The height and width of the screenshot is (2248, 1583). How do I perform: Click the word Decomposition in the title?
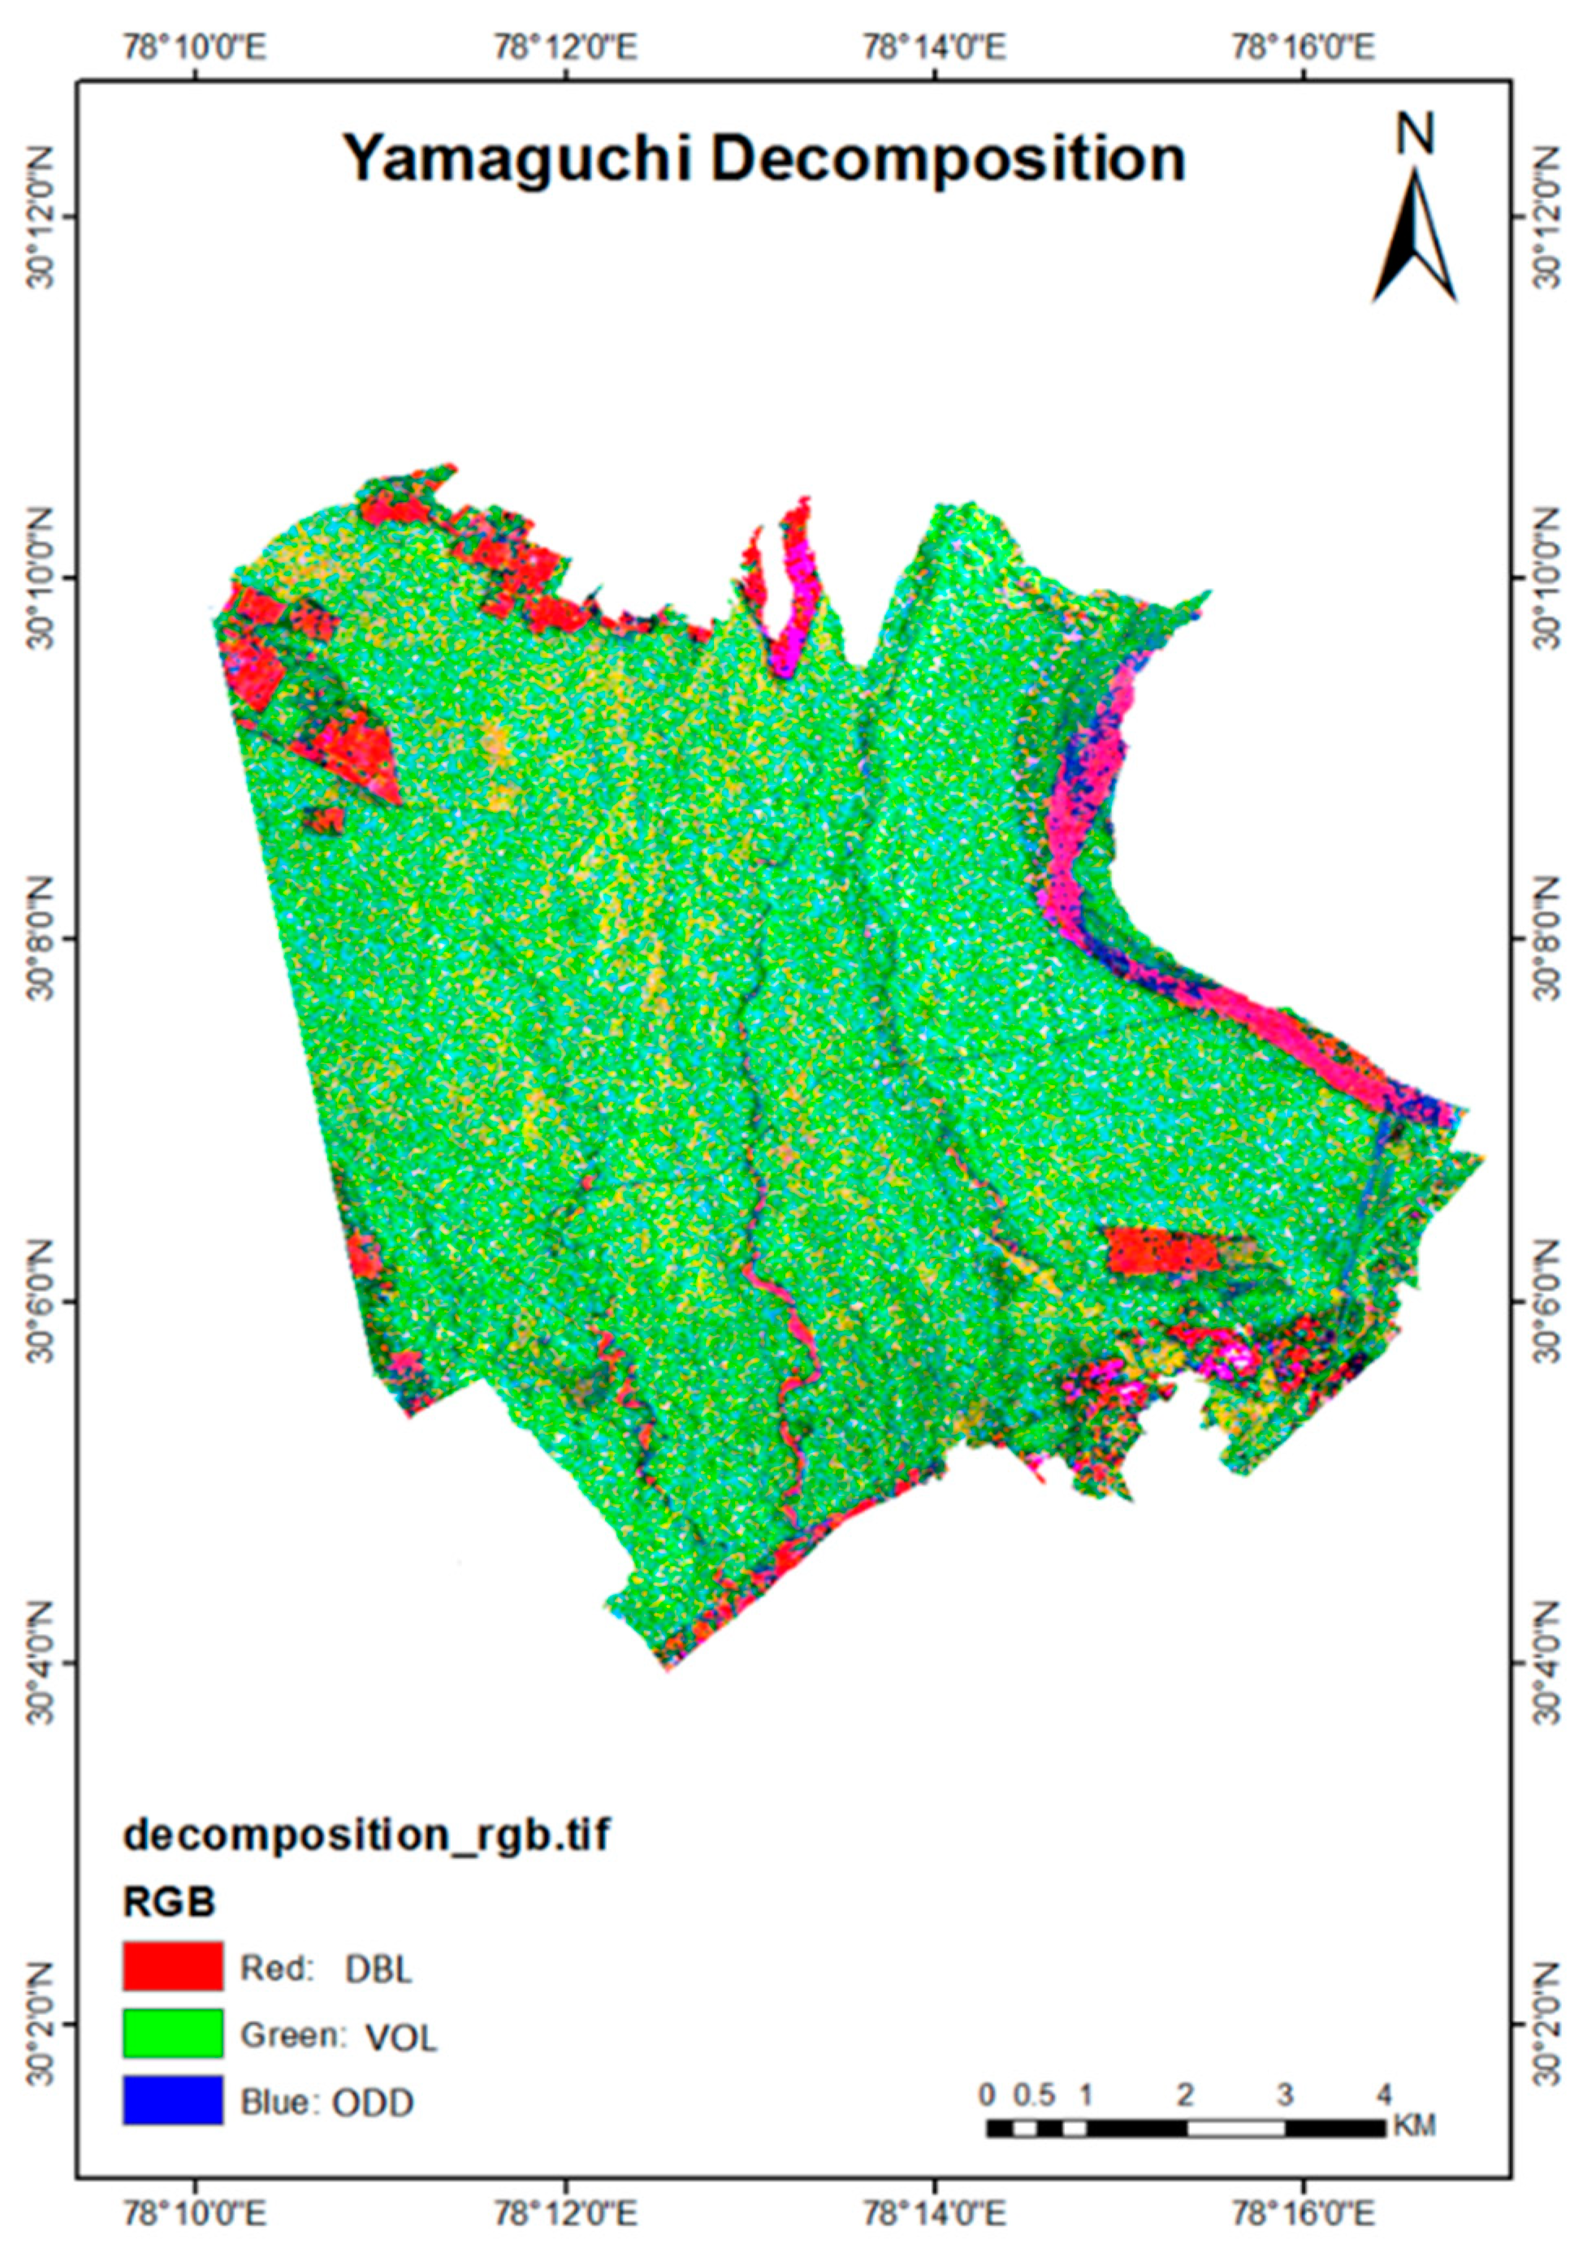[x=948, y=160]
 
